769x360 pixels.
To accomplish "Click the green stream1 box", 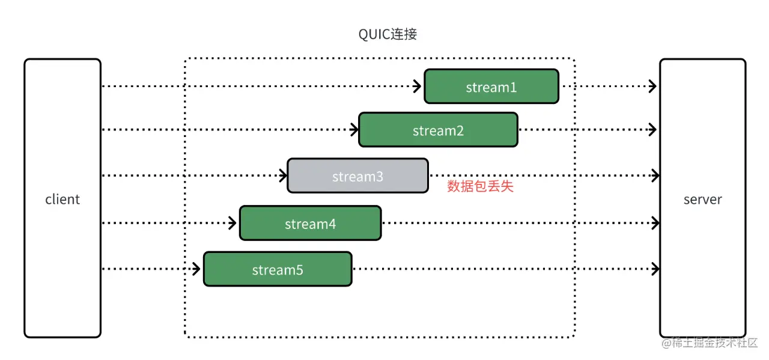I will click(491, 87).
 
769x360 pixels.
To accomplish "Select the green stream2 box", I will click(438, 130).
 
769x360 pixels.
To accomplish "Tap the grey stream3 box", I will click(357, 175).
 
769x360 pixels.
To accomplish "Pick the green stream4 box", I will click(310, 224).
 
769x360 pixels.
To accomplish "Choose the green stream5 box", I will click(278, 269).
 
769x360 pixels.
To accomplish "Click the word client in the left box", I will click(62, 200).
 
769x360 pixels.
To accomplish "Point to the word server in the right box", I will click(702, 200).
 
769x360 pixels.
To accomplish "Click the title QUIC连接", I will click(388, 34).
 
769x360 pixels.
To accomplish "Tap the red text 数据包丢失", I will click(480, 186).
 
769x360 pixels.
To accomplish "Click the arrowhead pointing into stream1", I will click(418, 87).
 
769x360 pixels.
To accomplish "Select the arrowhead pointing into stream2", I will click(352, 130).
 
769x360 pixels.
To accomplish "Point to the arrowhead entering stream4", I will click(233, 224).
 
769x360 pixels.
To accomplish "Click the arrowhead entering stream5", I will click(196, 269).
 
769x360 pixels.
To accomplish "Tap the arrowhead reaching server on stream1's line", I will click(654, 87).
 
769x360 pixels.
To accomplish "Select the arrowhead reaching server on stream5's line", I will click(654, 269).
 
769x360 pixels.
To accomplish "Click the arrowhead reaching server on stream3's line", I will click(654, 175).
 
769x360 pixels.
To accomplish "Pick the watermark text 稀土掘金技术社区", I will click(715, 343).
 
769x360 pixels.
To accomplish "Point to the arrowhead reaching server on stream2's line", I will click(654, 130).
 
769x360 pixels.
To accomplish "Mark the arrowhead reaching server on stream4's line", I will click(654, 224).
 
